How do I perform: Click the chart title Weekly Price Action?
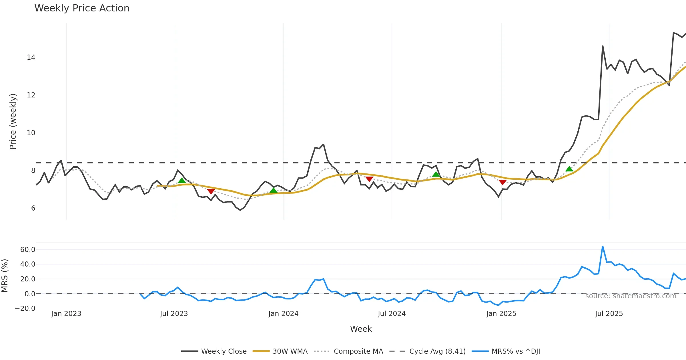click(x=82, y=8)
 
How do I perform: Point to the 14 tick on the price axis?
click(x=31, y=57)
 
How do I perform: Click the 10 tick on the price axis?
click(x=31, y=133)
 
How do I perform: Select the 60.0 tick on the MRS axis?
click(x=28, y=250)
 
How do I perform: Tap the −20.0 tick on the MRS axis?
click(x=25, y=309)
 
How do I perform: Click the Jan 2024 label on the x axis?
click(x=283, y=314)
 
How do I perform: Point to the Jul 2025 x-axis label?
click(x=609, y=314)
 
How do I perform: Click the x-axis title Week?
click(x=361, y=329)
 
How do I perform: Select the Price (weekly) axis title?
click(x=13, y=121)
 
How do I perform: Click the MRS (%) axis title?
click(x=5, y=276)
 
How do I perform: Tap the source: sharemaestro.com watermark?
click(x=631, y=296)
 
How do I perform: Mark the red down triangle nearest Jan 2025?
click(x=502, y=182)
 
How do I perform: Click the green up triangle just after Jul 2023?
click(x=182, y=180)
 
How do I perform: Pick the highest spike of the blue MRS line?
click(x=603, y=247)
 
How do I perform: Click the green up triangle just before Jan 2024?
click(x=274, y=190)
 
